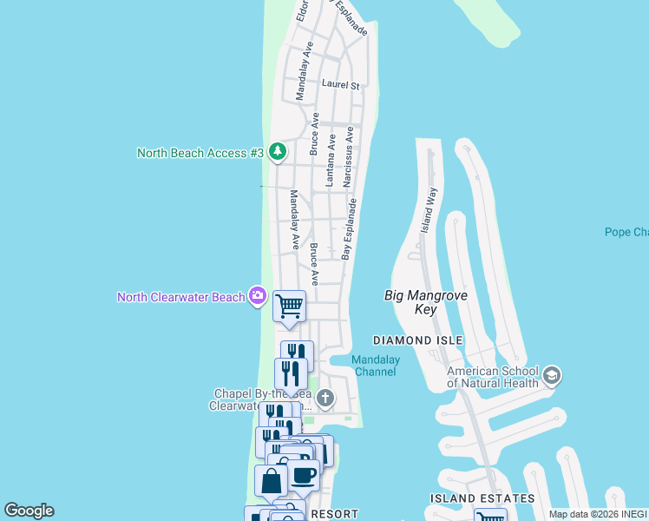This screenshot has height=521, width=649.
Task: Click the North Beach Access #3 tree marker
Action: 278,153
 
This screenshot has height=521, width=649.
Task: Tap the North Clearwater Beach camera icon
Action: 257,297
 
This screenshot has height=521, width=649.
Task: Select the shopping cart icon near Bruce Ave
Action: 289,305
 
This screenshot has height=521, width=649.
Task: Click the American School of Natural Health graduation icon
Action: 552,376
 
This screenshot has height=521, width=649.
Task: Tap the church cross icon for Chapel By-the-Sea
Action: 325,399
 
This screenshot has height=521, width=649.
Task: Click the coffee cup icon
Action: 304,476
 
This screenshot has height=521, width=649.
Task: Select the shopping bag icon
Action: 271,480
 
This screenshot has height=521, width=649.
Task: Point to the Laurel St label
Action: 340,85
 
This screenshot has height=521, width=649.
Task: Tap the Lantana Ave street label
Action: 330,163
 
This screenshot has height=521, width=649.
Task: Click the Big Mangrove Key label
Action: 426,302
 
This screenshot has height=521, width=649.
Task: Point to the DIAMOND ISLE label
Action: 417,340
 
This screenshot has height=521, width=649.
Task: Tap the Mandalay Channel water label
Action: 375,366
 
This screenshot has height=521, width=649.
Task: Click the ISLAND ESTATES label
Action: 482,498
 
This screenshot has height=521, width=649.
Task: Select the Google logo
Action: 29,511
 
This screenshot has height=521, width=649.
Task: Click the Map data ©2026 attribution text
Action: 583,514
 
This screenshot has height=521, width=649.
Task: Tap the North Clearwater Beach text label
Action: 181,298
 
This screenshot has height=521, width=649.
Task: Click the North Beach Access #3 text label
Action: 200,153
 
